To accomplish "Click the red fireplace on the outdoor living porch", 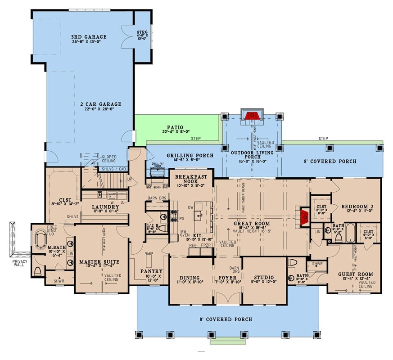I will [x=251, y=116].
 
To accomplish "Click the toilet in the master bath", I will [x=38, y=271].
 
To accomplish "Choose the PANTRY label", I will [x=150, y=271].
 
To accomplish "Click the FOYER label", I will [x=227, y=278].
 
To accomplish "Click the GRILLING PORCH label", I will [x=190, y=156].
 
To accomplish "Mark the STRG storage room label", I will [x=142, y=32].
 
